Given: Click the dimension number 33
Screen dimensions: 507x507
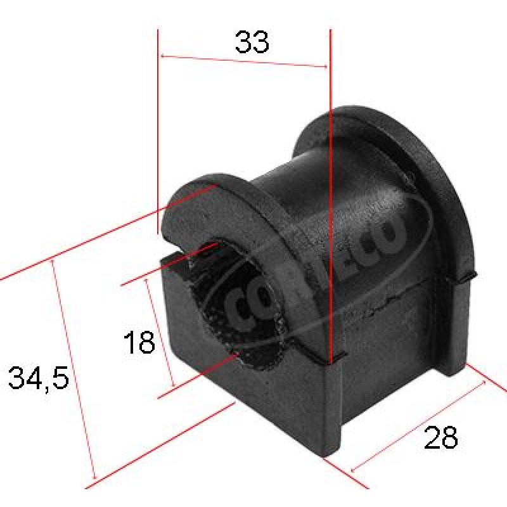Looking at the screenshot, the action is tap(252, 42).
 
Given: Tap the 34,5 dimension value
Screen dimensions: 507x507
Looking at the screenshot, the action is tap(39, 378).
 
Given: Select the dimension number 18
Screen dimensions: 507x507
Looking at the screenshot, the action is tap(139, 342).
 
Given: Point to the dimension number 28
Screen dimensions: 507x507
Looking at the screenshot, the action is tap(440, 437).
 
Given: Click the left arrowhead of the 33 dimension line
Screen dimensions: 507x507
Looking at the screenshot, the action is tap(163, 56).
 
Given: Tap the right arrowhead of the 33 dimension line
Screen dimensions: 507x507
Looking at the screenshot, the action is tap(325, 67).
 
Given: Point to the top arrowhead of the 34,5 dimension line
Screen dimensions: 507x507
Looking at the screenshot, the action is tap(53, 264).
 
